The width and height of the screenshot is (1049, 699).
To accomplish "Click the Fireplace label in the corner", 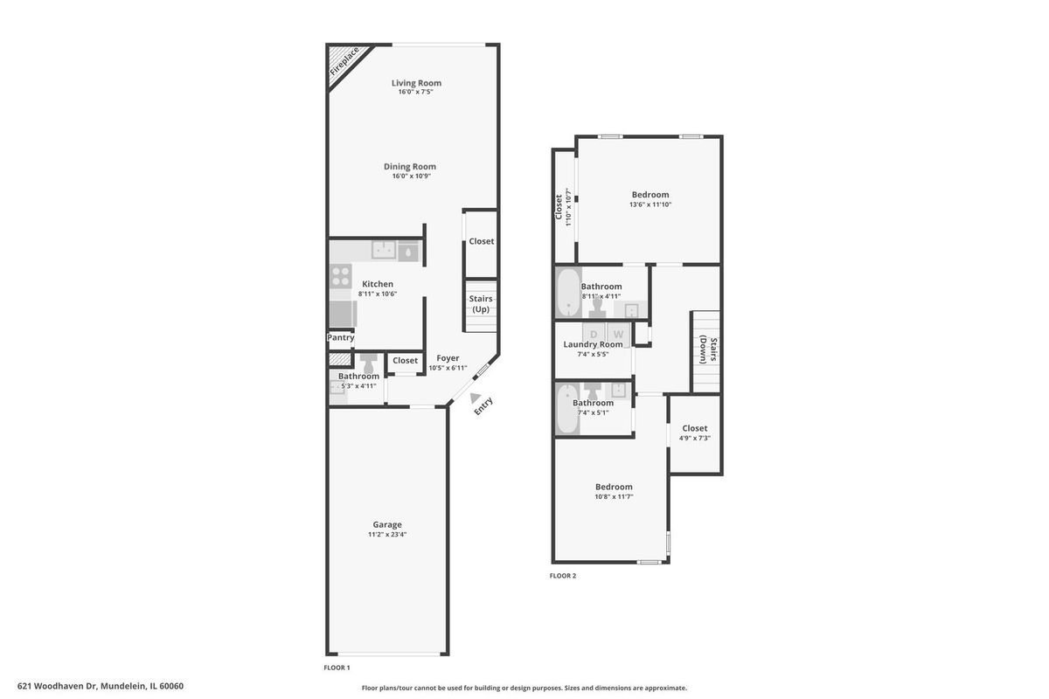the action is point(344,61).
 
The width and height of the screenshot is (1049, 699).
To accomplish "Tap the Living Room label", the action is point(416,83).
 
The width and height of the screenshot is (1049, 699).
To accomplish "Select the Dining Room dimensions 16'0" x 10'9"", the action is point(411,176).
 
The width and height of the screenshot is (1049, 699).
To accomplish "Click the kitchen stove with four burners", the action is point(340,276).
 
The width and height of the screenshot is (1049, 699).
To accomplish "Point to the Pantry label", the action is point(340,337).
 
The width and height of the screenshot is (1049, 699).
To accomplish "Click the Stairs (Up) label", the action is point(481,304).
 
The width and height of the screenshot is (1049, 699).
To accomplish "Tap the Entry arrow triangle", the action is point(476,398).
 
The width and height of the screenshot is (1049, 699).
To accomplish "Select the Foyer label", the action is point(448,357).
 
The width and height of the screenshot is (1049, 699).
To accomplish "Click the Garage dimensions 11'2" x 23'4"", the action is point(386,534).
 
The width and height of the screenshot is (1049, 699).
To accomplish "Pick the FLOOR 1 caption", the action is point(337,668).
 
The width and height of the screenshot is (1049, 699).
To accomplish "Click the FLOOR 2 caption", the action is point(563,576).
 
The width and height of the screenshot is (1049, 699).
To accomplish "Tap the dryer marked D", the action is point(594,334).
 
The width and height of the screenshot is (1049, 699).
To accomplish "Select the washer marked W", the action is point(619,334).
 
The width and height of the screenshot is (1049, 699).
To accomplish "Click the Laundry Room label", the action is point(593,344).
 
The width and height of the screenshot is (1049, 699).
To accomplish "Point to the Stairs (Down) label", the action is point(707,349).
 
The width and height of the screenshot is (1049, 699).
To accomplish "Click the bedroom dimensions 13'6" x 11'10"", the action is point(650,204).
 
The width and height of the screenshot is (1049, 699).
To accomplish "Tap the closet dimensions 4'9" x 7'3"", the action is point(694,438).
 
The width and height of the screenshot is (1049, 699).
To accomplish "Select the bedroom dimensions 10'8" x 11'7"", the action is point(614,496).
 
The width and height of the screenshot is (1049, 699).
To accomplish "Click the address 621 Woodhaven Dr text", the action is point(58,686).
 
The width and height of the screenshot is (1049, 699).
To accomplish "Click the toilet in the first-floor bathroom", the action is point(369,363).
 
